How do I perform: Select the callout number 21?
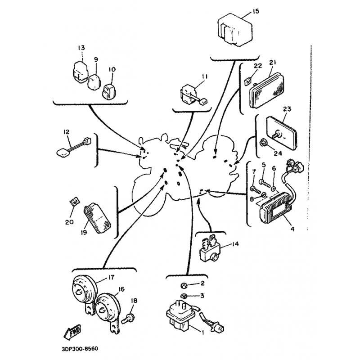271,62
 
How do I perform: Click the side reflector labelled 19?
98,221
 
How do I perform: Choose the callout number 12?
66,132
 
